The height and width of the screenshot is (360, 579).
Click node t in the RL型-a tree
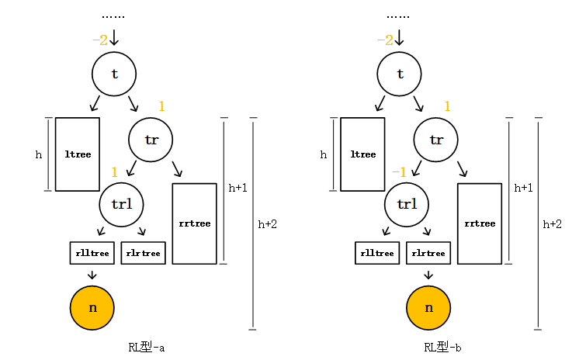point(114,74)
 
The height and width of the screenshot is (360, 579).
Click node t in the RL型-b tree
point(400,74)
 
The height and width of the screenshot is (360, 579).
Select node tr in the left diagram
point(151,140)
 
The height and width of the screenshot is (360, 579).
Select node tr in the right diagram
point(436,140)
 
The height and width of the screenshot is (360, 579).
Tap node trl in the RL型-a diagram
point(122,204)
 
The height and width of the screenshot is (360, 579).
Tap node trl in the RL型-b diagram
point(407,204)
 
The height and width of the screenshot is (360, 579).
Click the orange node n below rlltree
point(92,307)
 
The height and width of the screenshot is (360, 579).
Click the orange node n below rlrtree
point(428,307)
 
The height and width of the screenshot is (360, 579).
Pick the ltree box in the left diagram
point(78,154)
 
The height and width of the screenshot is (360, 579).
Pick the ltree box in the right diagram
point(363,154)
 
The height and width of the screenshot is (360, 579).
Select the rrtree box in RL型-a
point(194,223)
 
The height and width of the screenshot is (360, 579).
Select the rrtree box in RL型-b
point(480,223)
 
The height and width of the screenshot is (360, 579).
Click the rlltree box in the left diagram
point(92,253)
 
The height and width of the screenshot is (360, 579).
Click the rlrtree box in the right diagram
point(428,253)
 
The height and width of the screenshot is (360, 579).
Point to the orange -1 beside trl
point(399,171)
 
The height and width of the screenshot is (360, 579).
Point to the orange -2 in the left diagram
point(99,40)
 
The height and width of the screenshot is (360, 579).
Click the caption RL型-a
point(147,347)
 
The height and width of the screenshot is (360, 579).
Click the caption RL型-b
point(443,347)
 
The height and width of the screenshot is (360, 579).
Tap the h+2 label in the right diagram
point(552,224)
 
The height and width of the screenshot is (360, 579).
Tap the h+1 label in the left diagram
point(237,188)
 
